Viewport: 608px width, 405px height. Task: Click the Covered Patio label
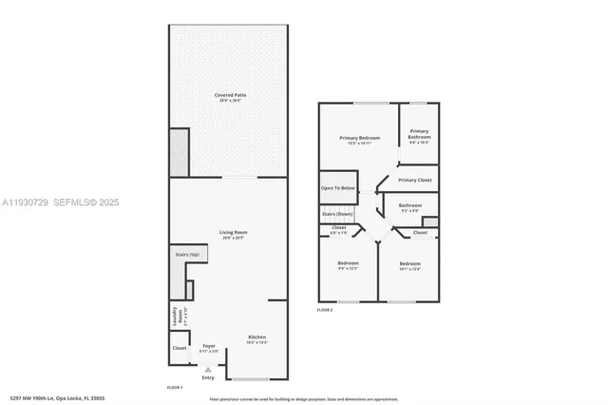click(x=228, y=96)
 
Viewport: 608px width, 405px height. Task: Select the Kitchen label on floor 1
click(x=257, y=338)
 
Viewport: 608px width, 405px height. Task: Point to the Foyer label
click(x=209, y=347)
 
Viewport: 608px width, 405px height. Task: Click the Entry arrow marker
click(x=208, y=370)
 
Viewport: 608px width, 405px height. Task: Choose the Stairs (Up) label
click(x=187, y=255)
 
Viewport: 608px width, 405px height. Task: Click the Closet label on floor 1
click(x=180, y=348)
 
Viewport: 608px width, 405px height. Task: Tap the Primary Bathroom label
click(x=419, y=136)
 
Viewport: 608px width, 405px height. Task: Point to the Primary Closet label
click(x=415, y=180)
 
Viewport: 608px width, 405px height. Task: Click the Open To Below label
click(x=338, y=188)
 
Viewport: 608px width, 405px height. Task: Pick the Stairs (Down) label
click(x=337, y=214)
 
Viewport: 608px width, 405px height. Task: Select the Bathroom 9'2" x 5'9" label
click(x=410, y=206)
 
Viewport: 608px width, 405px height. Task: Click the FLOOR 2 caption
click(x=326, y=310)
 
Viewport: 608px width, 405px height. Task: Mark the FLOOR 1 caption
click(x=175, y=388)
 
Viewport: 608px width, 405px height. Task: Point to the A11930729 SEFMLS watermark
click(x=61, y=202)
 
